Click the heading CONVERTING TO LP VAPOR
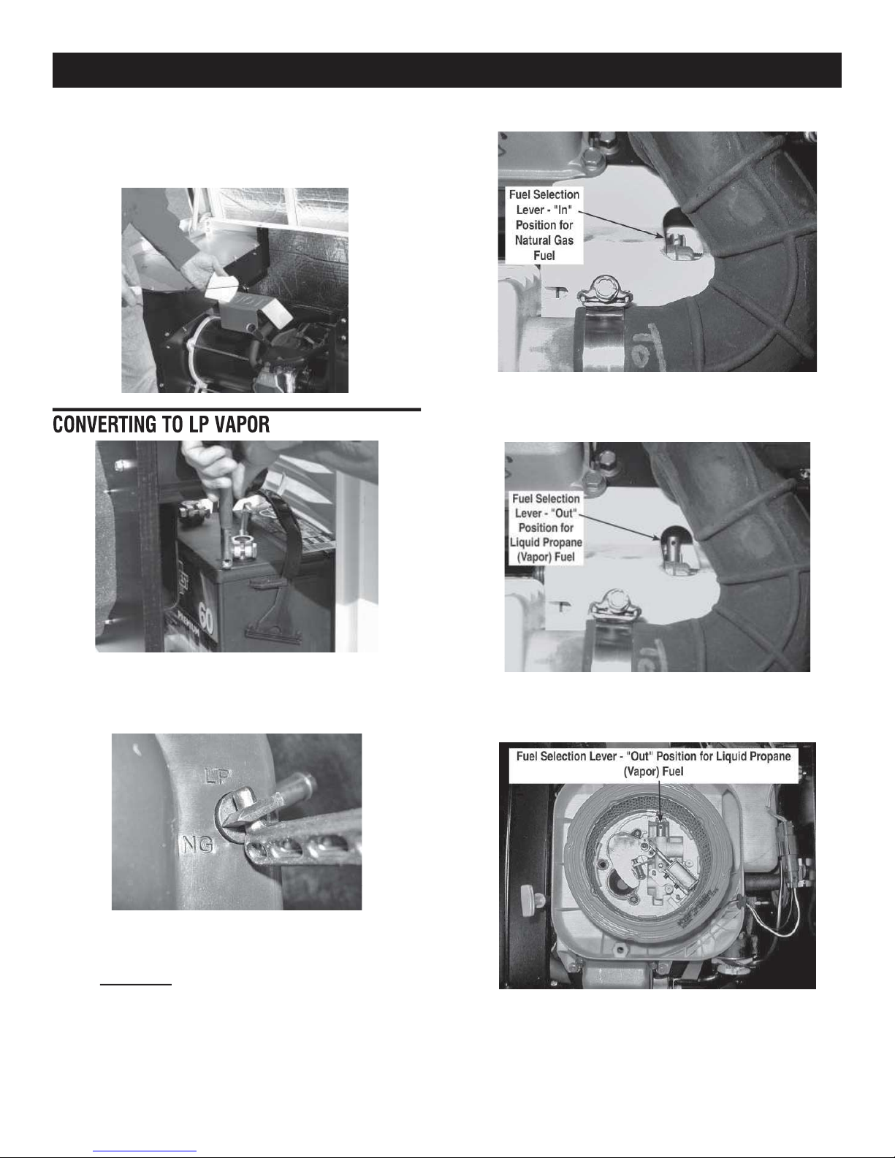161,424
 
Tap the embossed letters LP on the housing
218,777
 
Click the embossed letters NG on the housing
198,844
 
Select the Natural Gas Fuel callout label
544,225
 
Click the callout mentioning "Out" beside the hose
546,527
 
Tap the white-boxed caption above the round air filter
653,763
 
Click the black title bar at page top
446,70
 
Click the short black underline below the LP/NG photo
136,984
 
